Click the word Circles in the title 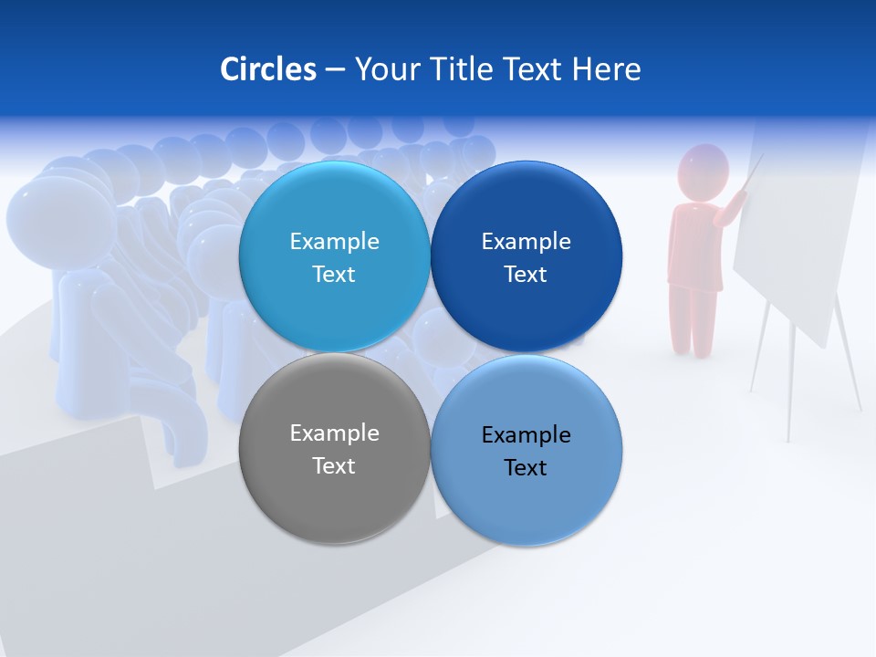tap(267, 69)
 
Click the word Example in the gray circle tap(334, 433)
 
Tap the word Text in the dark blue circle tap(526, 275)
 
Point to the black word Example tap(526, 435)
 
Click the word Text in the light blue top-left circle tap(334, 275)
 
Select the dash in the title tap(335, 70)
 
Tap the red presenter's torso tap(695, 242)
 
